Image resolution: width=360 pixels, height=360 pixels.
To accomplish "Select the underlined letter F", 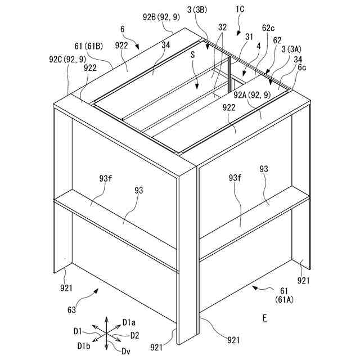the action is [264, 319].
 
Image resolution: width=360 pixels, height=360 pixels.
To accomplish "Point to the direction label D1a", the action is [129, 322].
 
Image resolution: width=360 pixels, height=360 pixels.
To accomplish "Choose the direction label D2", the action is [135, 335].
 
